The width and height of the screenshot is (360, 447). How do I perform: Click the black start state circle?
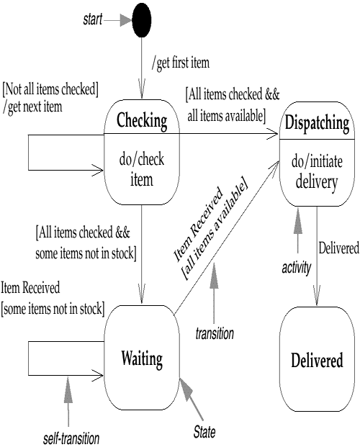point(142,20)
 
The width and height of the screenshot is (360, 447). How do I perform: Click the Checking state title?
point(142,121)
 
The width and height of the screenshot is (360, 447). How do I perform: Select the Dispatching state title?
point(317,123)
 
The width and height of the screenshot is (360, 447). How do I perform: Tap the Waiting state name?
point(142,359)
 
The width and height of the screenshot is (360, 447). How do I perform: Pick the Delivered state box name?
point(317,360)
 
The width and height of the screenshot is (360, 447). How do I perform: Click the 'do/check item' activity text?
point(142,169)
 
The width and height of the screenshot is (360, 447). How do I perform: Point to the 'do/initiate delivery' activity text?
point(317,171)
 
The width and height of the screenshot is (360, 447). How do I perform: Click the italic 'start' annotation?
point(93,19)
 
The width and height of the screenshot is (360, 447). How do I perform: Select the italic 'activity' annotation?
point(297,268)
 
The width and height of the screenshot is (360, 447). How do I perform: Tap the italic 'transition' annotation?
point(215,333)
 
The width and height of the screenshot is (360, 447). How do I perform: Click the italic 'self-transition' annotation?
point(71,439)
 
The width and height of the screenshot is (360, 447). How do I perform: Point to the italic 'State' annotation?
point(204,432)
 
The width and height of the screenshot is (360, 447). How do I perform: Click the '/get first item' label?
point(181,63)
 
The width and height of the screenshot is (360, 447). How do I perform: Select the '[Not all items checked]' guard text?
point(50,89)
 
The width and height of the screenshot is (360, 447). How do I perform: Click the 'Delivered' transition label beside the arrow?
point(339,248)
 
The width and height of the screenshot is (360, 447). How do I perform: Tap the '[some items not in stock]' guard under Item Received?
point(53,309)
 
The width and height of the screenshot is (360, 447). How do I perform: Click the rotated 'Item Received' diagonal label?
point(198,224)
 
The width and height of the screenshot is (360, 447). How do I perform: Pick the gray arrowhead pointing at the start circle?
point(126,20)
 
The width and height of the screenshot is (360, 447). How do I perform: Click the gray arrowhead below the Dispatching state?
point(298,221)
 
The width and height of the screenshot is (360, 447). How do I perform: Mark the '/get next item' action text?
point(33,107)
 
